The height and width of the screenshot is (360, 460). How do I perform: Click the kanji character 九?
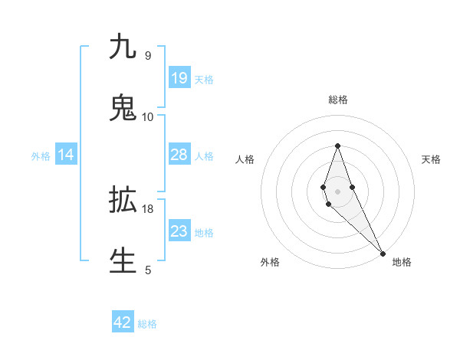pyautogui.click(x=123, y=47)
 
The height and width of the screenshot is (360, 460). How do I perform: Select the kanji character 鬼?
pyautogui.click(x=123, y=108)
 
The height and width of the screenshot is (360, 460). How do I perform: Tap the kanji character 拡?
pyautogui.click(x=123, y=200)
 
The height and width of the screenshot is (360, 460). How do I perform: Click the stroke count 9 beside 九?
pyautogui.click(x=147, y=56)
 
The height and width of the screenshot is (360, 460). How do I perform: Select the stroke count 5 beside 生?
pyautogui.click(x=147, y=270)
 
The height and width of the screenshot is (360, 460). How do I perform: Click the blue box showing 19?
pyautogui.click(x=179, y=78)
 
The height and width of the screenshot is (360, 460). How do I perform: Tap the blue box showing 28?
pyautogui.click(x=179, y=155)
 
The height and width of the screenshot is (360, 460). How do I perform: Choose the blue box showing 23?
pyautogui.click(x=179, y=231)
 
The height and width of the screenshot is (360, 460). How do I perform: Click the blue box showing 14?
pyautogui.click(x=66, y=155)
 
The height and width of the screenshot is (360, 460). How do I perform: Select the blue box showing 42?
pyautogui.click(x=123, y=322)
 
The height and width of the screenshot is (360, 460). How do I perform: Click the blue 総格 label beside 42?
pyautogui.click(x=147, y=324)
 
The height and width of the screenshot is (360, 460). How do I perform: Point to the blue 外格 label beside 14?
pyautogui.click(x=41, y=156)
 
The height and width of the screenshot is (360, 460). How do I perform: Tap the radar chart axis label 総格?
pyautogui.click(x=338, y=100)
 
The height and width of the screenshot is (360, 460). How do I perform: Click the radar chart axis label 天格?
pyautogui.click(x=431, y=159)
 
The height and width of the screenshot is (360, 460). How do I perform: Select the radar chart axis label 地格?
pyautogui.click(x=402, y=262)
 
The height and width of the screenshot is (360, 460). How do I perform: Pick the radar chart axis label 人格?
pyautogui.click(x=245, y=159)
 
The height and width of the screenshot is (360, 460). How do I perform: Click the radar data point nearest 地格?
pyautogui.click(x=383, y=253)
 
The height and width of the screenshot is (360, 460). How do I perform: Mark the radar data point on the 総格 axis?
pyautogui.click(x=338, y=146)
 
